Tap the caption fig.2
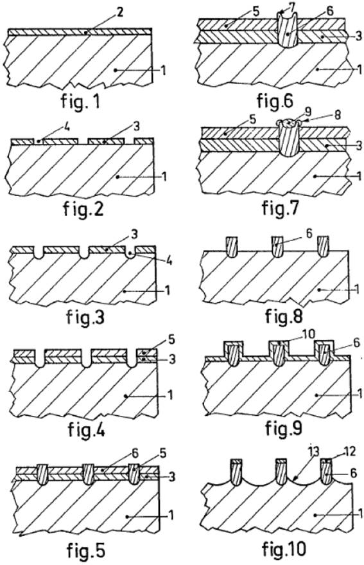pyautogui.click(x=83, y=209)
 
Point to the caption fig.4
pyautogui.click(x=87, y=429)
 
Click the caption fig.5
pyautogui.click(x=85, y=550)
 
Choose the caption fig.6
pyautogui.click(x=275, y=100)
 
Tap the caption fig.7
pyautogui.click(x=281, y=208)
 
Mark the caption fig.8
pyautogui.click(x=284, y=316)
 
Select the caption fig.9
pyautogui.click(x=284, y=427)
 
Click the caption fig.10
pyautogui.click(x=284, y=549)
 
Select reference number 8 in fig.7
pyautogui.click(x=336, y=115)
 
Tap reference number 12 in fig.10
pyautogui.click(x=349, y=451)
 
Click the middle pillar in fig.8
pyautogui.click(x=277, y=246)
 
